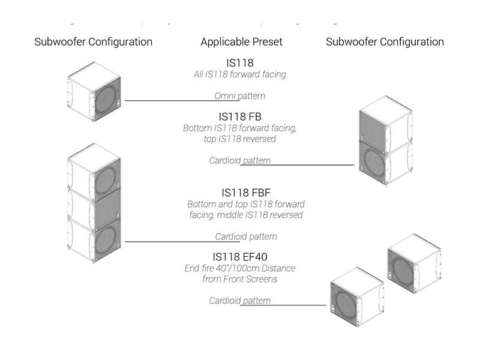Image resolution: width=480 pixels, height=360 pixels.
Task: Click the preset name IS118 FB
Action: click(240, 116)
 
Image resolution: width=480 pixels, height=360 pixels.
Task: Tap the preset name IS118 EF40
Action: click(240, 257)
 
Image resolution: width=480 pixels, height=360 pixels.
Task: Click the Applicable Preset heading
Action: click(241, 42)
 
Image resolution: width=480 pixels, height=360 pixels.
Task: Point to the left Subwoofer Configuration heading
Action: click(94, 42)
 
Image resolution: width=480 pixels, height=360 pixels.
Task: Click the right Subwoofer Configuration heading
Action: click(385, 42)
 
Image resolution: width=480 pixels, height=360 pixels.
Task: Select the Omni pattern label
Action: click(240, 96)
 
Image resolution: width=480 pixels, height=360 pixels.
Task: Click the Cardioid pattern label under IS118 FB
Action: click(240, 161)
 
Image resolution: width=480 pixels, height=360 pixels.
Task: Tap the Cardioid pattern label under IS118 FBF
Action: click(247, 236)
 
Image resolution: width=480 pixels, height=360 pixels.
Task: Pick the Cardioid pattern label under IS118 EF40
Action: click(240, 301)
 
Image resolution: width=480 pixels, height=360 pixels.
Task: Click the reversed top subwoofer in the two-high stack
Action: click(384, 126)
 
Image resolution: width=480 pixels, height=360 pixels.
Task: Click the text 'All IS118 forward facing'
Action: click(240, 74)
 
